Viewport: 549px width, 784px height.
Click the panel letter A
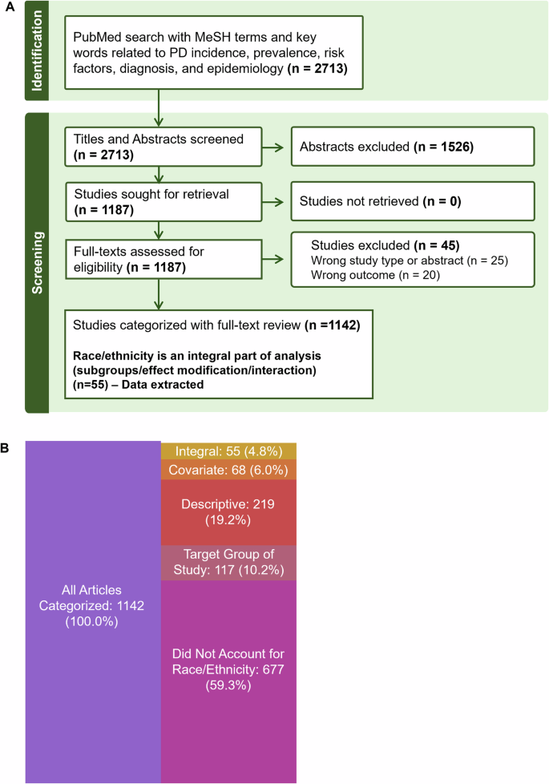point(7,7)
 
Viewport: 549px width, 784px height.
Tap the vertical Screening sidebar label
point(36,261)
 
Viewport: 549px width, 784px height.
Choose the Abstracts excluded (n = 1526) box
point(411,148)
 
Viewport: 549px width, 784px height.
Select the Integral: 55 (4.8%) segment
point(228,451)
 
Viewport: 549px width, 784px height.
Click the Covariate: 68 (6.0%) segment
point(228,470)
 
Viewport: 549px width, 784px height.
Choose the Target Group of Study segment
point(228,562)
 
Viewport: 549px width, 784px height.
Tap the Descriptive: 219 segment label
point(228,512)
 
